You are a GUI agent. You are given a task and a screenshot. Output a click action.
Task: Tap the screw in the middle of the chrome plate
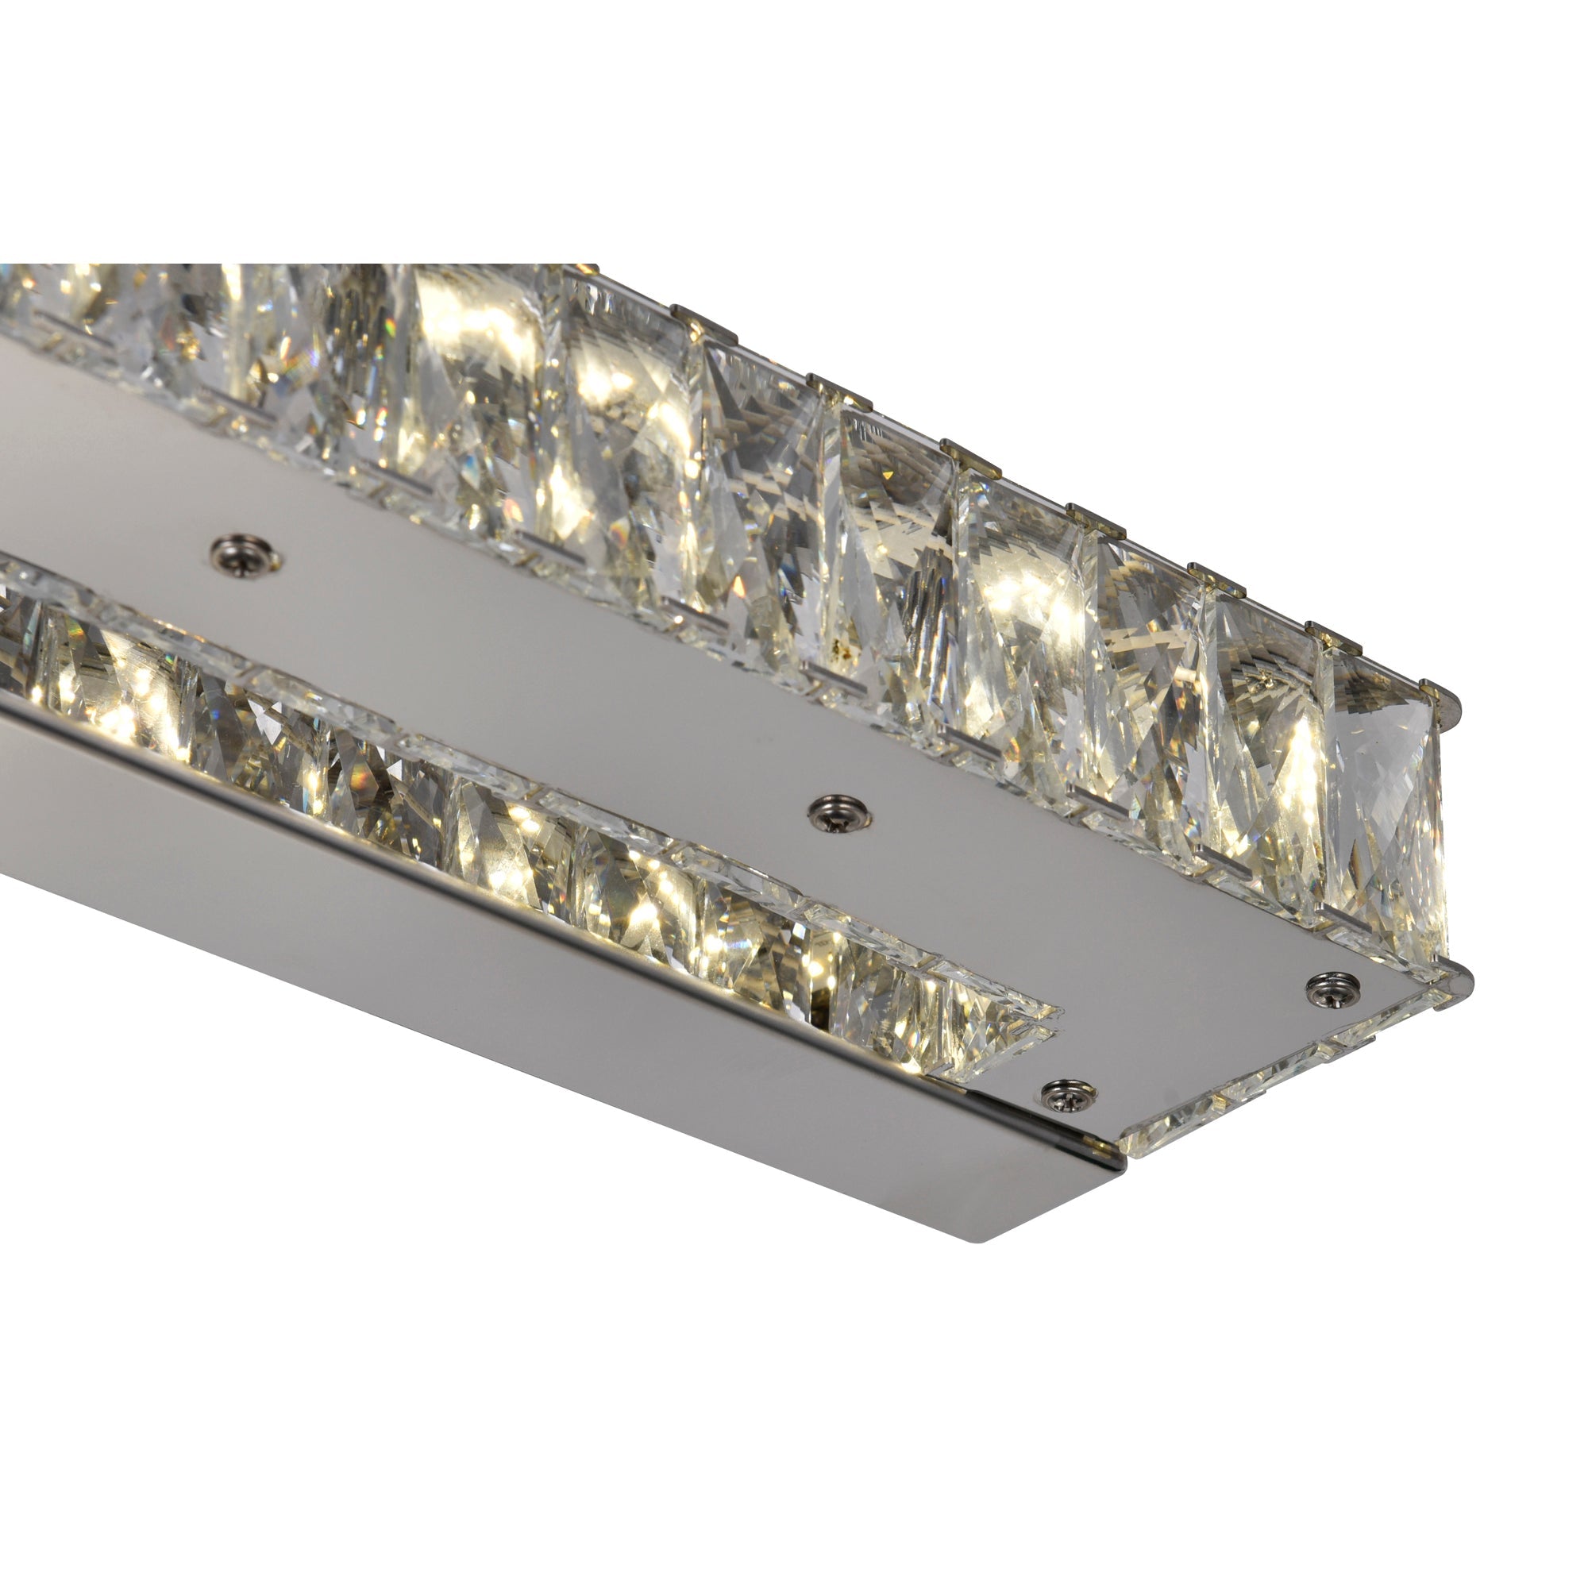click(x=840, y=813)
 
